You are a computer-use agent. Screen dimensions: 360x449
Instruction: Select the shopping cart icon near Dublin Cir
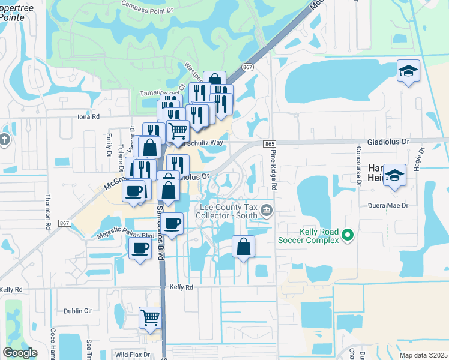150,317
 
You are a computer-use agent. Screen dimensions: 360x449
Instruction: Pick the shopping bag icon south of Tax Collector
243,247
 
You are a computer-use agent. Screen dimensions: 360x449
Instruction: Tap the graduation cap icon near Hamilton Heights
394,175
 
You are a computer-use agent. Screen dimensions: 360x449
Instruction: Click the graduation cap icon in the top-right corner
408,71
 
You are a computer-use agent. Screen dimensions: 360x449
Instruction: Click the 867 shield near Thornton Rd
65,223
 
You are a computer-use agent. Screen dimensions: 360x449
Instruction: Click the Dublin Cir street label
77,311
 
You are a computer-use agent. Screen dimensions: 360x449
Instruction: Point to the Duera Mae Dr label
388,205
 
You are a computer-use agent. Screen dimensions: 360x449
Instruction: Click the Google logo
20,353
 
